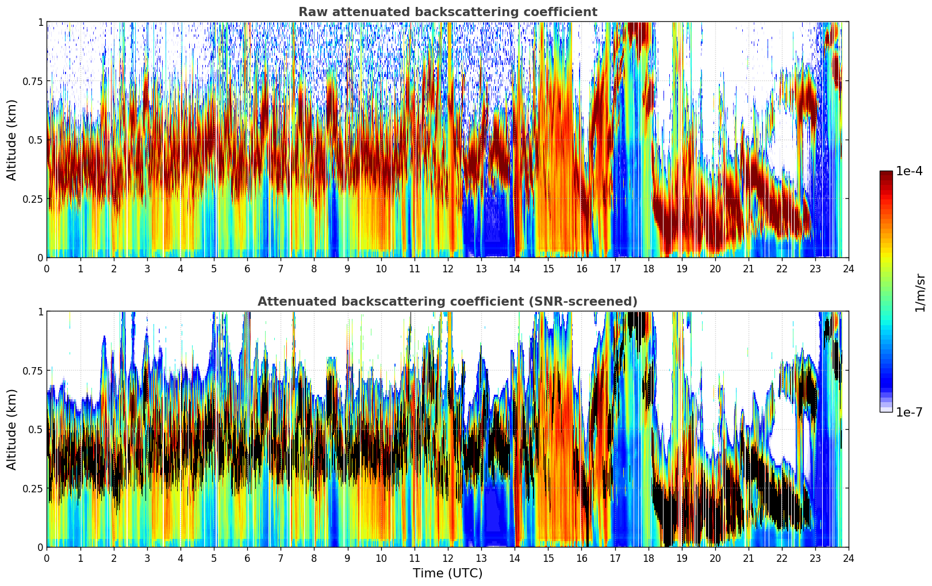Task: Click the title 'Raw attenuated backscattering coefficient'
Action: point(447,12)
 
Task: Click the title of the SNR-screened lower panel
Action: point(447,302)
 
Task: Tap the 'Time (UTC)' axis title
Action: point(447,573)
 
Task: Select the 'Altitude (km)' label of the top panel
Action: point(12,140)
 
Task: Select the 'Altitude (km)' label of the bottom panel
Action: point(12,429)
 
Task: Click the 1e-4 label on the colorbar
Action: point(909,171)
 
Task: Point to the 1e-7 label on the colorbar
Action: point(909,412)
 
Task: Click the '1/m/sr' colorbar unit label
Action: point(920,293)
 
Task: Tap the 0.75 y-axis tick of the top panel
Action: point(33,81)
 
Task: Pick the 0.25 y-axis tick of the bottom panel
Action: point(33,488)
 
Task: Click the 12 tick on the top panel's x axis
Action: point(448,268)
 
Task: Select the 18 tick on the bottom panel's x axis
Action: point(648,558)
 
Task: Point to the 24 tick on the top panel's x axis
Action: point(849,268)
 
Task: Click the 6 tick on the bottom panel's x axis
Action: point(247,558)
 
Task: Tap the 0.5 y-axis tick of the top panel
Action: point(36,140)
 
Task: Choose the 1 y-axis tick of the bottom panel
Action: point(40,311)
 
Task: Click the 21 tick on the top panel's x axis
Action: point(749,268)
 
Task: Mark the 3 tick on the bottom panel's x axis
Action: point(147,558)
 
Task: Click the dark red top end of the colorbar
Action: point(886,175)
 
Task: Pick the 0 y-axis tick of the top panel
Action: point(40,257)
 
